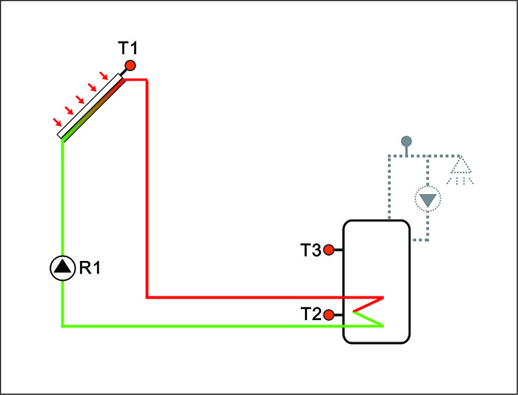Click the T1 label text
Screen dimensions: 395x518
point(127,49)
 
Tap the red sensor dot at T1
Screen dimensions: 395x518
point(130,66)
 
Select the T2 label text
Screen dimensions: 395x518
point(311,315)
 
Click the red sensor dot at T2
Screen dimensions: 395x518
point(329,315)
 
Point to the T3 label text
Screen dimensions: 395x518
point(311,250)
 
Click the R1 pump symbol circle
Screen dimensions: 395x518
point(63,268)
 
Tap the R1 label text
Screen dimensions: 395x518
point(90,268)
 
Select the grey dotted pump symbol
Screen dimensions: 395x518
point(427,199)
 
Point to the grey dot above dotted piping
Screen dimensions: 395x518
point(406,141)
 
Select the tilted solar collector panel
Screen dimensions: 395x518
point(92,107)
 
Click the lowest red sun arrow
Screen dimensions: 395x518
point(56,122)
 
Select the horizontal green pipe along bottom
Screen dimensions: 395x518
point(200,325)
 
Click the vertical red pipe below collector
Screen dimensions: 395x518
point(148,185)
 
